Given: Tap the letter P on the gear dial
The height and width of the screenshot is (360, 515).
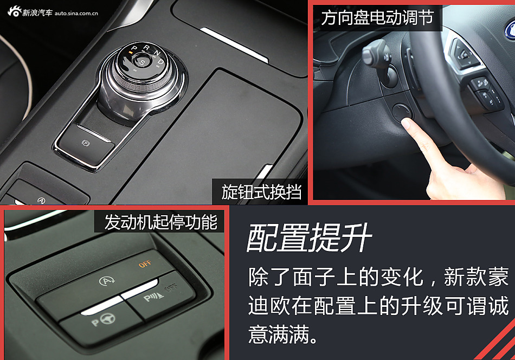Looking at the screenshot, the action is pyautogui.click(x=134, y=49).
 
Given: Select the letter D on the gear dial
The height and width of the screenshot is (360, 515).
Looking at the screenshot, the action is pyautogui.click(x=160, y=61).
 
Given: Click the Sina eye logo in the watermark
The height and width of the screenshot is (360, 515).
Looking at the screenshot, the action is pyautogui.click(x=15, y=12).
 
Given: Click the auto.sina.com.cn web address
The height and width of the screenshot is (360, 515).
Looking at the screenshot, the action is pyautogui.click(x=76, y=13).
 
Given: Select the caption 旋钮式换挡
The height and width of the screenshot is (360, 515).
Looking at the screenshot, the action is pyautogui.click(x=261, y=192).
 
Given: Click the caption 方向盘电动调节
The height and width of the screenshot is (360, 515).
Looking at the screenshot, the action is pyautogui.click(x=377, y=17).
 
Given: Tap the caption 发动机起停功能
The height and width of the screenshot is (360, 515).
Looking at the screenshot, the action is pyautogui.click(x=160, y=222).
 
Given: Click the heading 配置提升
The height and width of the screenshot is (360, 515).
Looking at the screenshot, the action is pyautogui.click(x=309, y=237).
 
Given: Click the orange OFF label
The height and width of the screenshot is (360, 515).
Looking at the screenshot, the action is pyautogui.click(x=145, y=263).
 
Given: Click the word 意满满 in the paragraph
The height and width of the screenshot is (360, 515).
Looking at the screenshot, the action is pyautogui.click(x=279, y=334).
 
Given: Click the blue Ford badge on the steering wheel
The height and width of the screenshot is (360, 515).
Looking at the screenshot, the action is pyautogui.click(x=510, y=30).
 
